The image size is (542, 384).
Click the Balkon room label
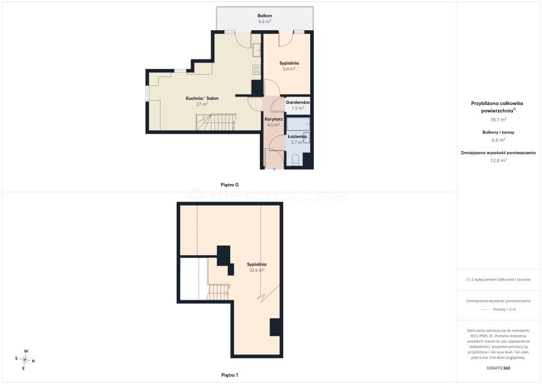point(265,15)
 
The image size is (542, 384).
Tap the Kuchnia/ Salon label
point(202,98)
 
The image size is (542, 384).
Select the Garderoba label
point(297,102)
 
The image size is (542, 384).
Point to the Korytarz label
point(274,119)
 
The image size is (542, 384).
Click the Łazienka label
point(297,136)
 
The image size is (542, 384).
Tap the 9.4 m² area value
point(289,69)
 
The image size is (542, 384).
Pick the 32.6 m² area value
point(257,270)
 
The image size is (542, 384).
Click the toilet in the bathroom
point(295,160)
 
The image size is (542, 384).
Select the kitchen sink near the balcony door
point(257,50)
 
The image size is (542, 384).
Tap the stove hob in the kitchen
point(257,69)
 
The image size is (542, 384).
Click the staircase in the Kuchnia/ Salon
point(216,122)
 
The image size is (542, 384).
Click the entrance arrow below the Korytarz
point(274,169)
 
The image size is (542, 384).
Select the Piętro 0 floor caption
point(230,185)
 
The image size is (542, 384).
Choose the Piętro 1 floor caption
point(230,375)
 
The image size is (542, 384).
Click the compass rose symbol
point(25,360)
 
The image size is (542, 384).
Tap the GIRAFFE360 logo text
point(498,368)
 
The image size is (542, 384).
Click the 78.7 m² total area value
point(498,120)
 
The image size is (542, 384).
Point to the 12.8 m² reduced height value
point(499,160)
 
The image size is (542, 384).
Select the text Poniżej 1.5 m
point(504,310)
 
